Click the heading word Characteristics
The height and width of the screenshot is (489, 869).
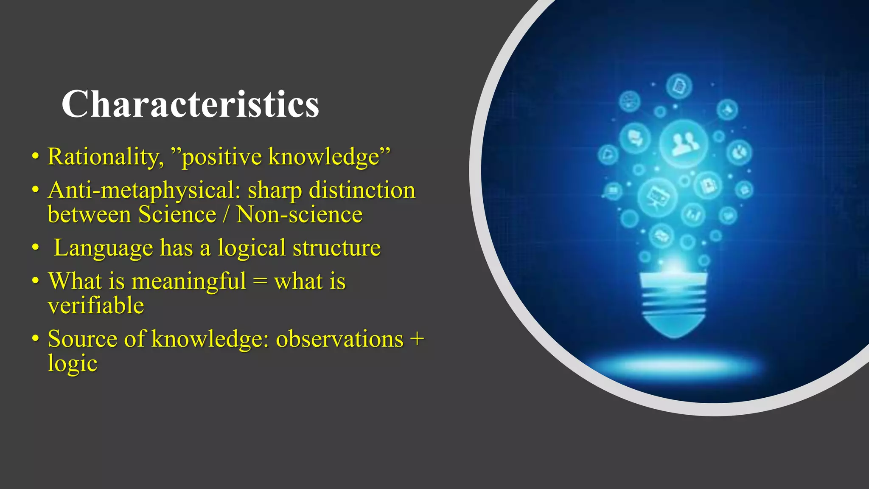coord(190,104)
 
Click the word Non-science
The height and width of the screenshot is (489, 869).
coord(299,214)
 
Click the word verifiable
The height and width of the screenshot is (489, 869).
coord(96,306)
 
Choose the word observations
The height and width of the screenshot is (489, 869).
coord(339,339)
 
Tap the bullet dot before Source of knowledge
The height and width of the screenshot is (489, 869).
coord(36,340)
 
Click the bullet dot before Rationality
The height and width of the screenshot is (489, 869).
coord(36,157)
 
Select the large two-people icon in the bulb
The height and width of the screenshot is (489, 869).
coord(684,143)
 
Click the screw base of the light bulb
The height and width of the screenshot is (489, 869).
coord(674,304)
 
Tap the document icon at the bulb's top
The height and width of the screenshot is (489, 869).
coord(679,86)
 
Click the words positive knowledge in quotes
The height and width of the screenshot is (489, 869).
coord(281,157)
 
